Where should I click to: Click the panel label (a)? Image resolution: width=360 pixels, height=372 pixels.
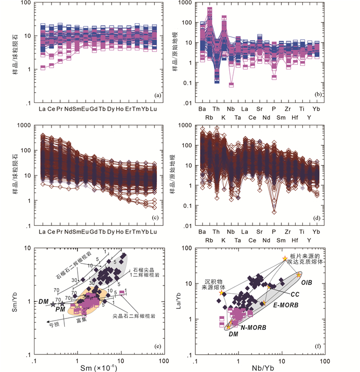coord(159,95)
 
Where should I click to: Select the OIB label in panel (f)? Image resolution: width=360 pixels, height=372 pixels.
coord(307,282)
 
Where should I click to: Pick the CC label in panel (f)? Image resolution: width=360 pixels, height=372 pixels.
coord(295,295)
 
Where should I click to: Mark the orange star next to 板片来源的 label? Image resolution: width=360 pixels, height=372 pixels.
coord(285,258)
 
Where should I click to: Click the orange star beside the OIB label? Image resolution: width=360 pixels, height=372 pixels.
coord(299,275)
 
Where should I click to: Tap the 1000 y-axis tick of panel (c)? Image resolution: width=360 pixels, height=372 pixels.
coord(23,125)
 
